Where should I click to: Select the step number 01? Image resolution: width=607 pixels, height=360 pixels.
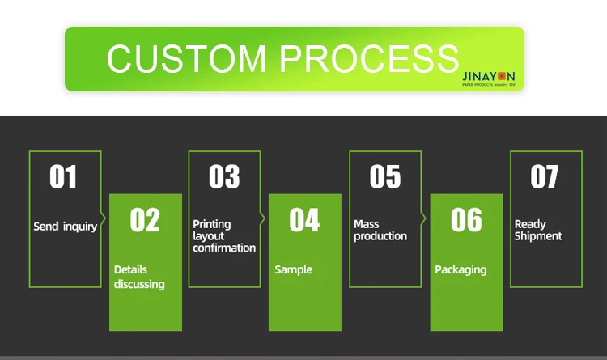(x=63, y=177)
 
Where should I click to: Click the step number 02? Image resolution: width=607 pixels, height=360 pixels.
(x=145, y=220)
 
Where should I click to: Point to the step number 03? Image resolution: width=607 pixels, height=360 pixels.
(x=224, y=177)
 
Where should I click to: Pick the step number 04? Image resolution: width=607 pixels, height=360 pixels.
(x=304, y=220)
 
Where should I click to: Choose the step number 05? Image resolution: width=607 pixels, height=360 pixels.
(x=385, y=177)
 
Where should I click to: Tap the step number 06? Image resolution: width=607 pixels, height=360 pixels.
(x=466, y=220)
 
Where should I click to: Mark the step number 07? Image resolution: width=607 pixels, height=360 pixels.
(x=545, y=177)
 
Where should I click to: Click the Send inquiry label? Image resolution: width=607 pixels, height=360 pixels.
(x=65, y=227)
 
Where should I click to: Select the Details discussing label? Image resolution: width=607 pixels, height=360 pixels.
(x=139, y=277)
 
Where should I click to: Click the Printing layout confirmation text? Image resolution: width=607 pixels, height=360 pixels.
(x=224, y=235)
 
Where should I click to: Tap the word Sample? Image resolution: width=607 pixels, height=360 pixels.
(x=293, y=269)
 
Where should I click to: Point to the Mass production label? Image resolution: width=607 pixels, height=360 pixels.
(x=380, y=230)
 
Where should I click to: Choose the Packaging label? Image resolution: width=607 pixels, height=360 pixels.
(x=461, y=269)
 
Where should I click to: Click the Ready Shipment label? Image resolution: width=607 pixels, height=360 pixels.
(x=538, y=230)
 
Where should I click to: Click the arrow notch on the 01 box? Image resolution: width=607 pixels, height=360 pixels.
(x=104, y=218)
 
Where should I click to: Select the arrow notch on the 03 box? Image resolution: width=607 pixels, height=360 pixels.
(x=263, y=218)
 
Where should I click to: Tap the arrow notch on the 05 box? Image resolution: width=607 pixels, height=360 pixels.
(x=424, y=218)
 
